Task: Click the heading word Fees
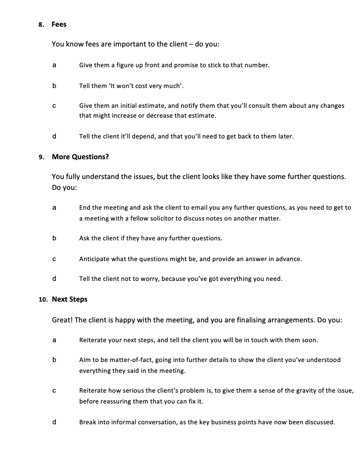pos(59,24)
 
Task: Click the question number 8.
pos(41,24)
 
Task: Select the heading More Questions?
pos(80,157)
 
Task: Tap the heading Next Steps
pos(69,299)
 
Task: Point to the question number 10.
pos(43,299)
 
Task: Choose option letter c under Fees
pos(54,106)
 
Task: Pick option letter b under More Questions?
pos(54,238)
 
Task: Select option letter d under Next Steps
pos(54,422)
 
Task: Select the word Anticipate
pos(95,259)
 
